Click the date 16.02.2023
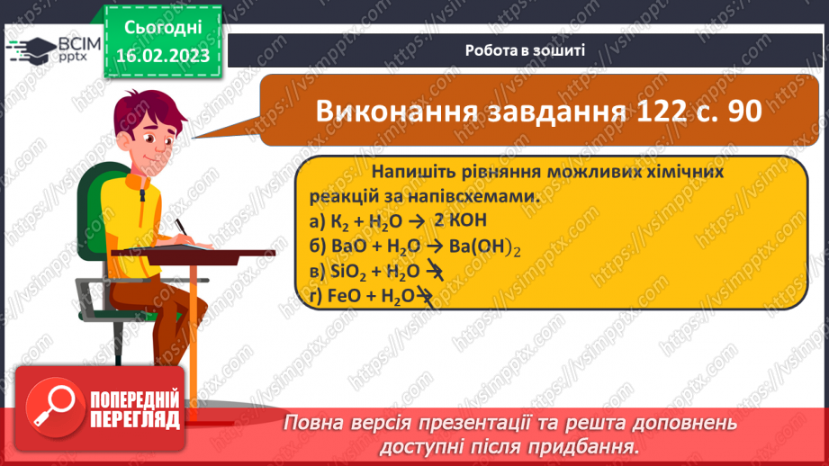pyautogui.click(x=164, y=55)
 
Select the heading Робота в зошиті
pyautogui.click(x=526, y=50)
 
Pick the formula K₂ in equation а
pyautogui.click(x=338, y=222)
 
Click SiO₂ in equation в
pyautogui.click(x=343, y=272)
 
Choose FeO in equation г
pyautogui.click(x=342, y=296)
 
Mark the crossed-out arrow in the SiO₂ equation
pyautogui.click(x=434, y=272)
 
